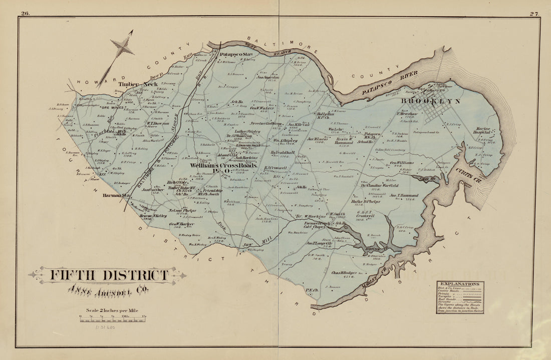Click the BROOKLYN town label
pos(430,101)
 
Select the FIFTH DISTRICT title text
pos(108,275)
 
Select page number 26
pos(25,14)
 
